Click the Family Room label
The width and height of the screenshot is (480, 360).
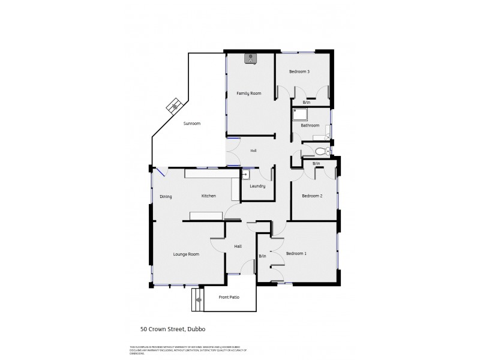pos(248,94)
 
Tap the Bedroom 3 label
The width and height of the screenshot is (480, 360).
pos(299,72)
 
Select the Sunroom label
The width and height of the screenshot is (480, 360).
pos(192,123)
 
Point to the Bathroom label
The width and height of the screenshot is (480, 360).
pos(310,125)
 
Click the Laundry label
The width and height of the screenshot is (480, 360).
pos(257,186)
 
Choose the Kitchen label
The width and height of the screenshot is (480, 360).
pos(208,196)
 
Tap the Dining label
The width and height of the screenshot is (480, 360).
pos(166,197)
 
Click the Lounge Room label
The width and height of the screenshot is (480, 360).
pos(186,254)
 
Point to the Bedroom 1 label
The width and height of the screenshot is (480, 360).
pos(296,254)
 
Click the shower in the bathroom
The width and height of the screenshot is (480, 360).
pos(299,115)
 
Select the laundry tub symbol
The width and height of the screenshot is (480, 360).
pos(245,175)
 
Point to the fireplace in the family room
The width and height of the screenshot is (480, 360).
pos(251,58)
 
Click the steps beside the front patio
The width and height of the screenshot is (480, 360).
pos(197,299)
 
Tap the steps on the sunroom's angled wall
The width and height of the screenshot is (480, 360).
pos(175,106)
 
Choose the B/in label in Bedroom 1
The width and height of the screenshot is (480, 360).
pos(262,256)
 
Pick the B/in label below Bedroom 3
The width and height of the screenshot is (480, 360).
pos(307,103)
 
